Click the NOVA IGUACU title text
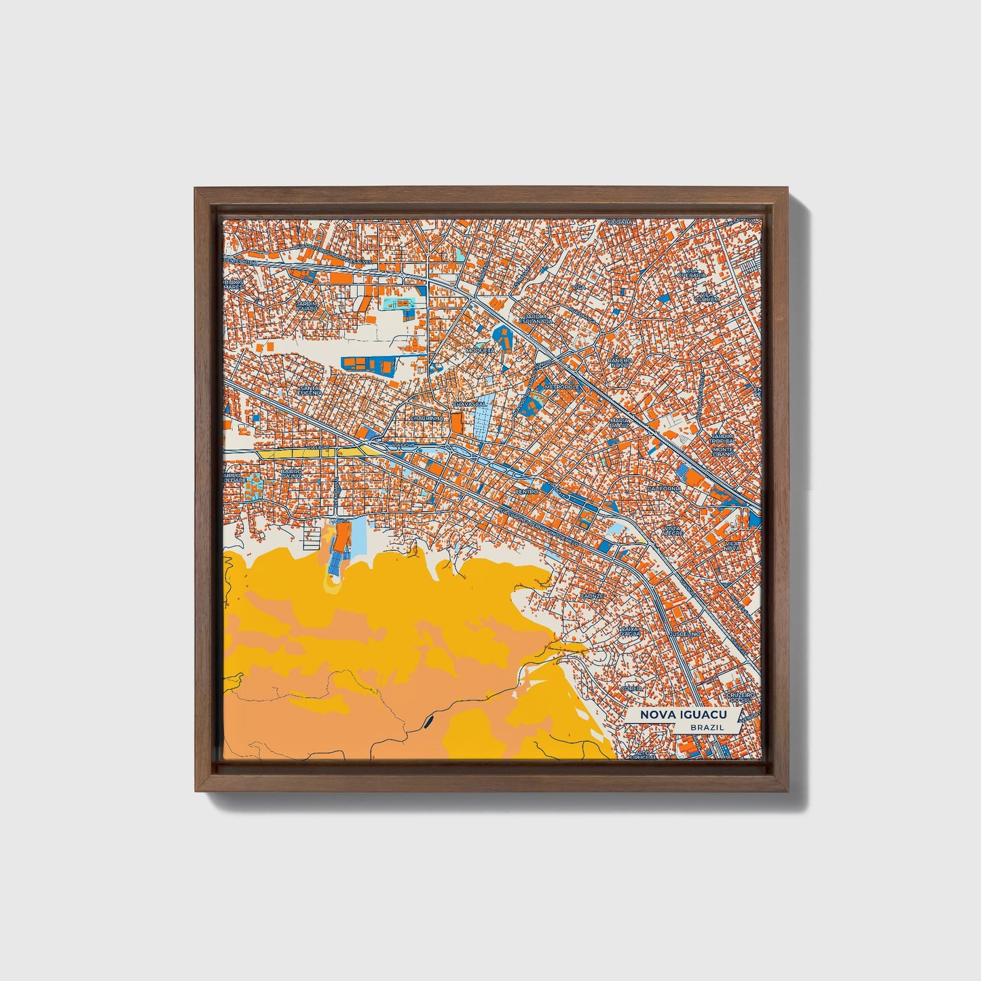point(680,715)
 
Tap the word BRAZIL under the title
point(706,727)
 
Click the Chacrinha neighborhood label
point(426,419)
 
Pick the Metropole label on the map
point(562,386)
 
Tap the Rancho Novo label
point(620,363)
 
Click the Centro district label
point(527,491)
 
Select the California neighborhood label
point(664,488)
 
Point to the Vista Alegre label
point(672,530)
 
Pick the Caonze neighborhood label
point(591,595)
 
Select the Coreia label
point(631,688)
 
